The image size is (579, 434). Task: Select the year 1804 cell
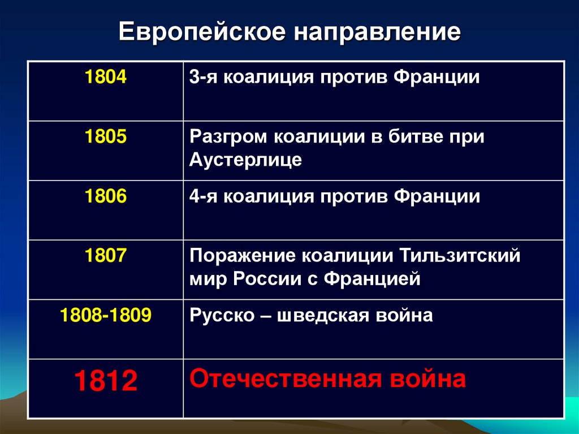pos(106,78)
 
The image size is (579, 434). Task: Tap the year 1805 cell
pos(106,137)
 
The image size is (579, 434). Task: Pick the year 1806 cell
pos(106,197)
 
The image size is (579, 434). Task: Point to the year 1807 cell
pos(106,256)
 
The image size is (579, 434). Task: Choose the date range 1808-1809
pos(106,315)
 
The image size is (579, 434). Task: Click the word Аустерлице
pos(245,160)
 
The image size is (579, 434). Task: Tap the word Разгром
pos(229,137)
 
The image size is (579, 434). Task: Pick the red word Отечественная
pos(285,379)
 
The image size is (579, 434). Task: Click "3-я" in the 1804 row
pos(202,78)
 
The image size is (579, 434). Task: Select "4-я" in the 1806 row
pos(202,197)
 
